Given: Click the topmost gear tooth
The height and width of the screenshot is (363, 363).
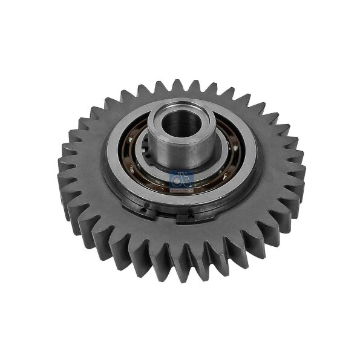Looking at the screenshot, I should click(176, 87).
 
